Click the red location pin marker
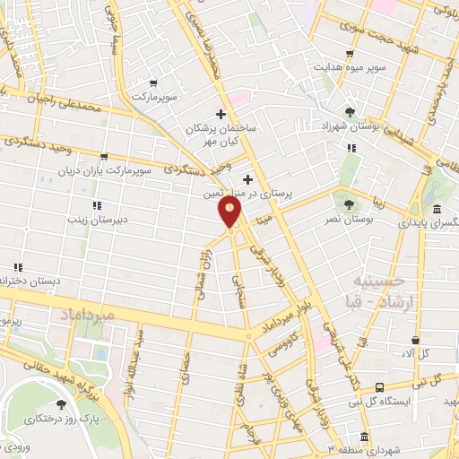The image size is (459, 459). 230,212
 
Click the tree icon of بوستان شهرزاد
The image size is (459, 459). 350,112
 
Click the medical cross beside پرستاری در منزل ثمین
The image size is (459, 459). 247,179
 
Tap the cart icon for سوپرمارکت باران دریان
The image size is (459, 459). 105,155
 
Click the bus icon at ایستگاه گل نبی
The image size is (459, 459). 380,387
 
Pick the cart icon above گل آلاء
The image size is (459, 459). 414,340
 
